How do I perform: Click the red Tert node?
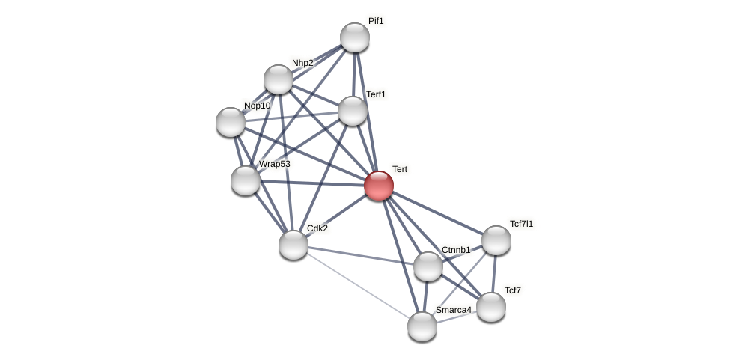pos(379,186)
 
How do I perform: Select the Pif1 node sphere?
pos(355,37)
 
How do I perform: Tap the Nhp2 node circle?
pos(279,79)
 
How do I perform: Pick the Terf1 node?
pos(353,111)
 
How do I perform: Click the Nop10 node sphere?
pos(231,122)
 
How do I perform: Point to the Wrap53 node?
pos(246,180)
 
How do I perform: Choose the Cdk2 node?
pos(293,245)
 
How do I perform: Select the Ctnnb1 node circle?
pos(428,266)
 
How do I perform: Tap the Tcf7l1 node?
pos(496,240)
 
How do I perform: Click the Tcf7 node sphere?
pos(491,307)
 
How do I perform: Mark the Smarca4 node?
pos(422,326)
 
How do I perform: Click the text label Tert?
pos(400,169)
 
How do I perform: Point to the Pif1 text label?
pos(376,21)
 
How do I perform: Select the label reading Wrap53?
pos(274,164)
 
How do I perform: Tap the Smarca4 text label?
pos(454,310)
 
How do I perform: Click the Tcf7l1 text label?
pos(522,223)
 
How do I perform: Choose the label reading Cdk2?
pos(317,228)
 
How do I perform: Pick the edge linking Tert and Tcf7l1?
pos(437,213)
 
